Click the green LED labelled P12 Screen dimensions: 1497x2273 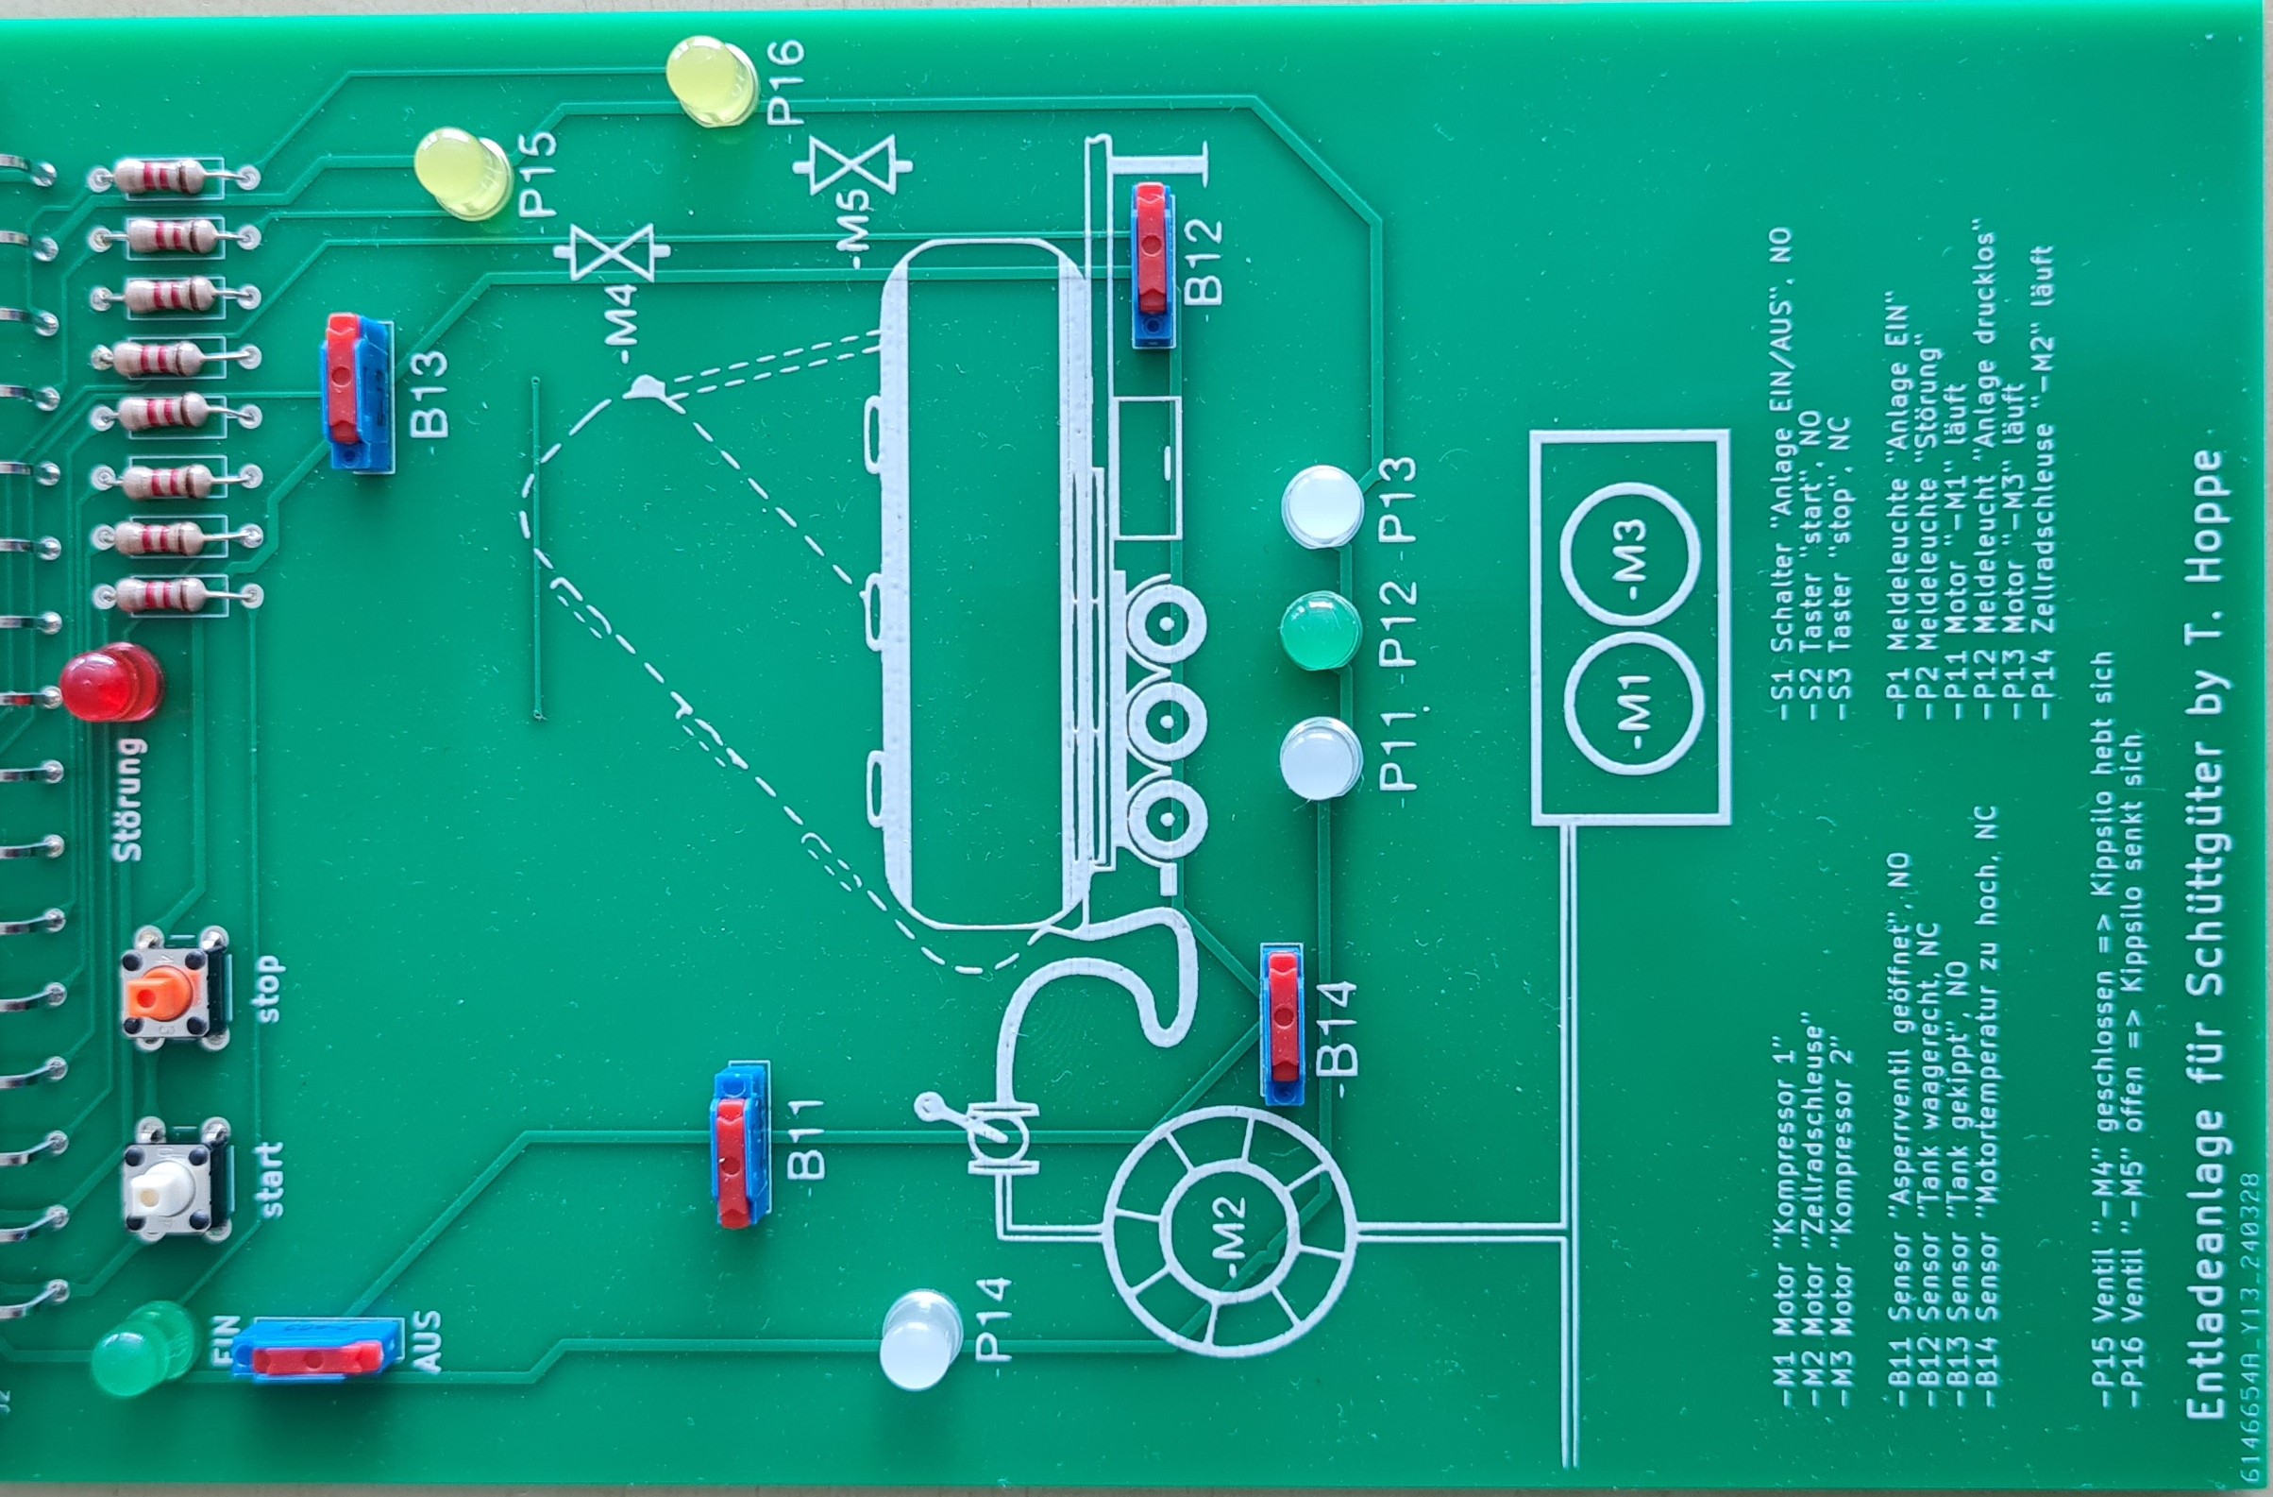point(1321,631)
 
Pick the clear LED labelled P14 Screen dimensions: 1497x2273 point(918,1339)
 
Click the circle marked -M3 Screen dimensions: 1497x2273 point(1630,553)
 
